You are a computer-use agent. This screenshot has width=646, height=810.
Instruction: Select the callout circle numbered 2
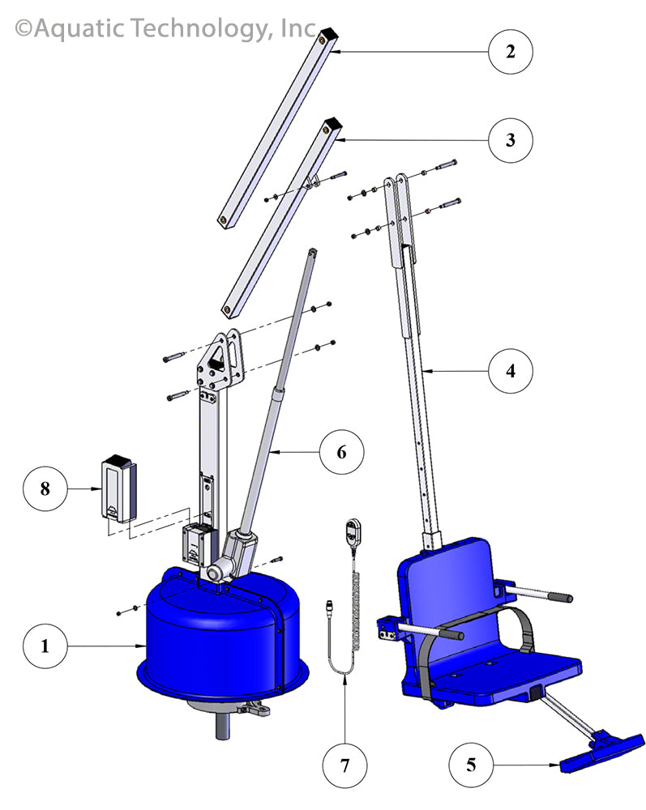click(510, 52)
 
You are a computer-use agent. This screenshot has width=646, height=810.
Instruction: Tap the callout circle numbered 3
click(510, 139)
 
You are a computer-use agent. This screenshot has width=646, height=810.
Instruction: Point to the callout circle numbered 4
click(510, 371)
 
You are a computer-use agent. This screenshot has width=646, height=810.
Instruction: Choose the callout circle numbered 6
click(341, 451)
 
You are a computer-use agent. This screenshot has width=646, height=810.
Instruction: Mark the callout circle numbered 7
click(344, 762)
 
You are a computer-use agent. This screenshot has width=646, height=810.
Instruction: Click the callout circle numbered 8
click(45, 488)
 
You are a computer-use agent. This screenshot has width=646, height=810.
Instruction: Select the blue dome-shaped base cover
click(215, 632)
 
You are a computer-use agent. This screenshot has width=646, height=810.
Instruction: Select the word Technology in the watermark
click(203, 30)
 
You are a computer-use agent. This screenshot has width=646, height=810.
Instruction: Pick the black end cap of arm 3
click(333, 126)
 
